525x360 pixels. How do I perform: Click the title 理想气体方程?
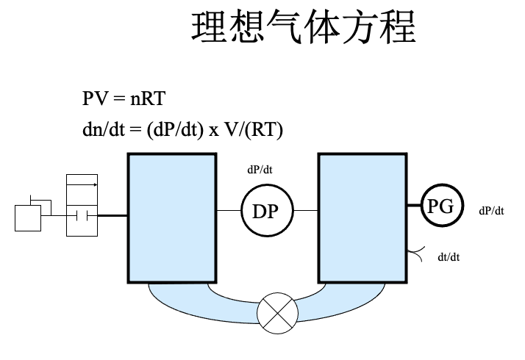[304, 28]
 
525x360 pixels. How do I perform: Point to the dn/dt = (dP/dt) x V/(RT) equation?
[182, 129]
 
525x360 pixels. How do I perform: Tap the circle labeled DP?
[265, 212]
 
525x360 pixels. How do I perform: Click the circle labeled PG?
[441, 207]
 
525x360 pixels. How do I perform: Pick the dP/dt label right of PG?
[491, 211]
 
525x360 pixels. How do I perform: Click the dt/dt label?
[449, 257]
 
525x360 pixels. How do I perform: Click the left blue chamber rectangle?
[172, 217]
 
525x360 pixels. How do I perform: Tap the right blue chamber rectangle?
[362, 217]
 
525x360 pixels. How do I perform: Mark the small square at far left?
[28, 218]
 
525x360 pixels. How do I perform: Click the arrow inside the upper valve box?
[82, 184]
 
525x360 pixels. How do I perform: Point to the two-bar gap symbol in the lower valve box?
[82, 216]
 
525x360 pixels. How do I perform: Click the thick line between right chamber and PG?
[413, 208]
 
